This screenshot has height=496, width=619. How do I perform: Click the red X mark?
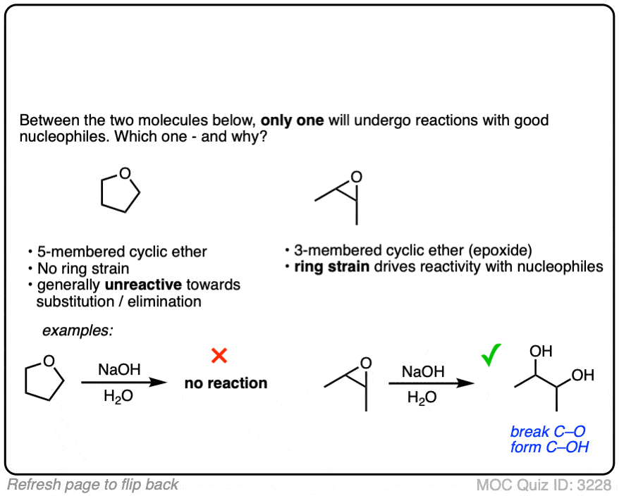coord(219,356)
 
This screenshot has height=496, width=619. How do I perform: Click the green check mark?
coord(491,354)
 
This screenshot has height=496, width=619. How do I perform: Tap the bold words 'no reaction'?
coord(226,383)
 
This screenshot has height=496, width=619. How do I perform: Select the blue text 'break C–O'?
coord(548,431)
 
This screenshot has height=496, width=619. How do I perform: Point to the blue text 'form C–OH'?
coord(549,447)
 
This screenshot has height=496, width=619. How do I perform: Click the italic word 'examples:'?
coord(78,330)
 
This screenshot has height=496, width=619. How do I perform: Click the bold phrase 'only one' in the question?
coord(292,120)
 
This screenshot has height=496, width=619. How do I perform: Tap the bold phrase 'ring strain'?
coord(331,267)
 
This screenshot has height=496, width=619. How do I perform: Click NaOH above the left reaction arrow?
coord(119,369)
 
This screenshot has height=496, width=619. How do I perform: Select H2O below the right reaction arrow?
coord(422,397)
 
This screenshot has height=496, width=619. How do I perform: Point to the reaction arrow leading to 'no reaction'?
coord(124,382)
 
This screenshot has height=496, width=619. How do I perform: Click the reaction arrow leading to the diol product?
coord(431,383)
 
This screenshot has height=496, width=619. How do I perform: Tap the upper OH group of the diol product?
coord(541,351)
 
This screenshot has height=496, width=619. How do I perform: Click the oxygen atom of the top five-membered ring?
coord(125,173)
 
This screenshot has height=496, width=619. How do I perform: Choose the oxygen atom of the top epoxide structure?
coord(357,177)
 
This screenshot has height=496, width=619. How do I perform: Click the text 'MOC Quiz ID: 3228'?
coord(544,485)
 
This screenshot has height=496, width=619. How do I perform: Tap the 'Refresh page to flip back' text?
coord(93,485)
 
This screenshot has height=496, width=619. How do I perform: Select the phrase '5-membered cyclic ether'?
coord(122,252)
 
